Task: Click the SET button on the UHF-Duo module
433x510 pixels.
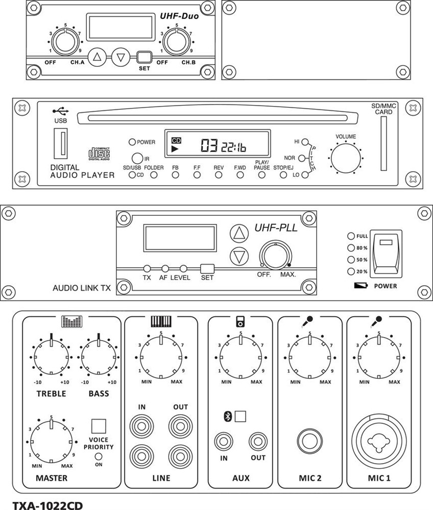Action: pyautogui.click(x=145, y=57)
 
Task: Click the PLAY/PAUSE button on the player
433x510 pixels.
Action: pyautogui.click(x=261, y=175)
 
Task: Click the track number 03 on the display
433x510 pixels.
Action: pyautogui.click(x=209, y=147)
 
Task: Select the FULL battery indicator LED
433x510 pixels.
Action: pyautogui.click(x=351, y=236)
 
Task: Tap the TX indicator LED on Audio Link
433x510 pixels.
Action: pyautogui.click(x=147, y=269)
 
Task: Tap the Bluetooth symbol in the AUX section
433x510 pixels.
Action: pyautogui.click(x=228, y=416)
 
